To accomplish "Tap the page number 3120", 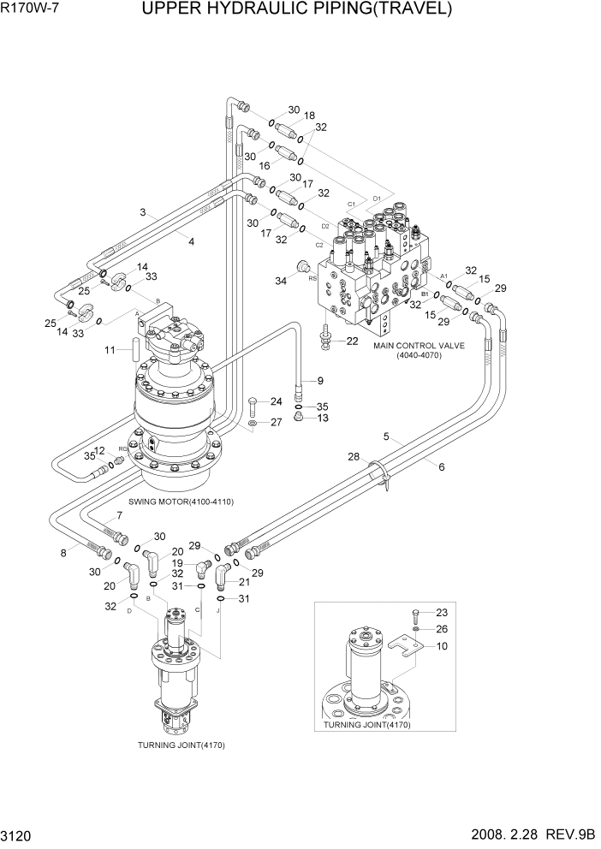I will [21, 834].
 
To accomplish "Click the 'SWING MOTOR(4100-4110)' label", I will [181, 501].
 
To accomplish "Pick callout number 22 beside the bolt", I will [352, 341].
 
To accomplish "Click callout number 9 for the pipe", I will [319, 381].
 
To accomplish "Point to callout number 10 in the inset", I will [441, 647].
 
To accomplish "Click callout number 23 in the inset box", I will [441, 612].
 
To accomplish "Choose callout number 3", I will [144, 212].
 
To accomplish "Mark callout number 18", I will [309, 116].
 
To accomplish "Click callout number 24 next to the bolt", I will [276, 401].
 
